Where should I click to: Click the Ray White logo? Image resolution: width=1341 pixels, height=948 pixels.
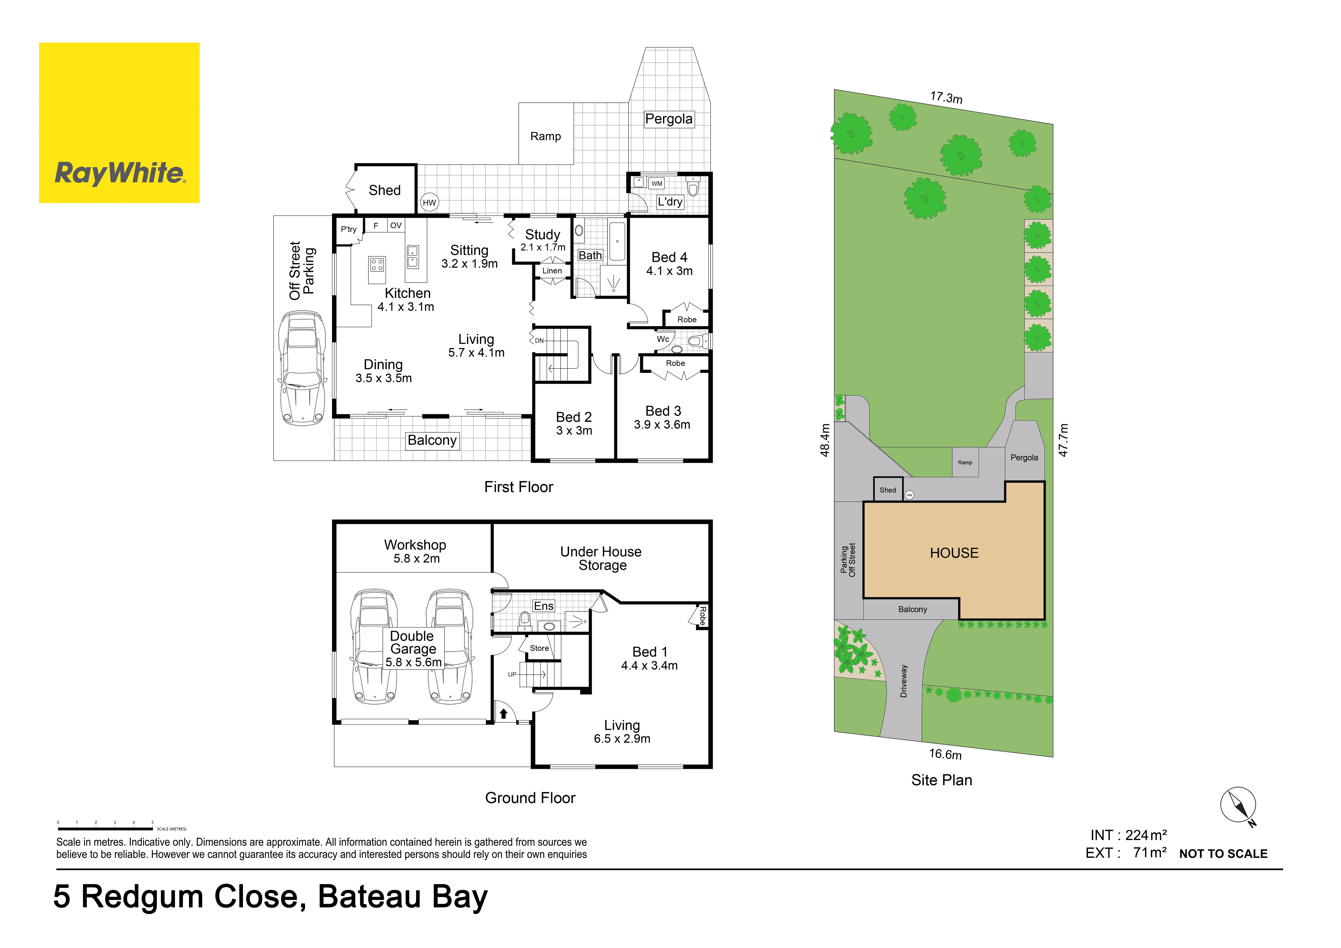(x=119, y=123)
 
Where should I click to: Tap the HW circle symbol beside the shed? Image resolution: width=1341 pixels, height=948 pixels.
(x=429, y=203)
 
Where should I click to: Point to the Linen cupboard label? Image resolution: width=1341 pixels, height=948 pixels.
(x=552, y=271)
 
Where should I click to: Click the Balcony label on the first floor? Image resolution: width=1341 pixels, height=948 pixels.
(x=432, y=440)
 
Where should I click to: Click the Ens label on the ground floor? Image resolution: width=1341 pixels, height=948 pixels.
(x=544, y=606)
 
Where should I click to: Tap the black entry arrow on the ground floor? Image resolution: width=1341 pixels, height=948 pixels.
(x=503, y=713)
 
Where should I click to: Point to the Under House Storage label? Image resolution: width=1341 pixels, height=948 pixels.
(x=602, y=559)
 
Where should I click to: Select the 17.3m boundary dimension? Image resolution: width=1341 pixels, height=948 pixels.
(x=946, y=98)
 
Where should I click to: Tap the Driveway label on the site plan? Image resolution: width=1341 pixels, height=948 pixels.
(x=904, y=681)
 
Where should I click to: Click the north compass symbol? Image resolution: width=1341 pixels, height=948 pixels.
(x=1238, y=806)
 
